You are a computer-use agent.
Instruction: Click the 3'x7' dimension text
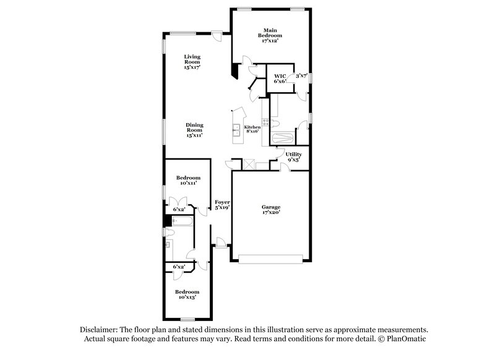[301, 75]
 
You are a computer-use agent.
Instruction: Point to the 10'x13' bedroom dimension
[186, 298]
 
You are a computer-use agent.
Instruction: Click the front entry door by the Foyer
[220, 245]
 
